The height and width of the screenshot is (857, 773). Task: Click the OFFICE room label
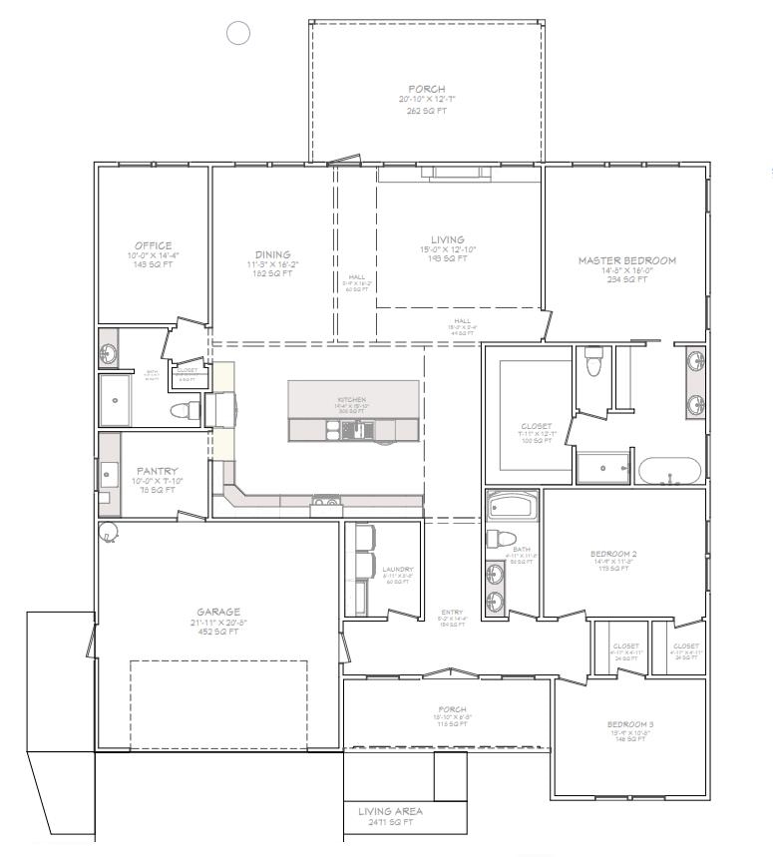pyautogui.click(x=154, y=245)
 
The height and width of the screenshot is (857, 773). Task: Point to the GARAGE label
pyautogui.click(x=218, y=612)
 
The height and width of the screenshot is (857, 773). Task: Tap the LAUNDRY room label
pyautogui.click(x=397, y=570)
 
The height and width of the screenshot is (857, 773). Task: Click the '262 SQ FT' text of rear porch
pyautogui.click(x=427, y=111)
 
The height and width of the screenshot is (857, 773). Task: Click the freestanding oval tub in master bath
pyautogui.click(x=668, y=471)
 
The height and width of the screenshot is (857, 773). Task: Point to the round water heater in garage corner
pyautogui.click(x=108, y=534)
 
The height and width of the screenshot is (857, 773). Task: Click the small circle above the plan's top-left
pyautogui.click(x=238, y=34)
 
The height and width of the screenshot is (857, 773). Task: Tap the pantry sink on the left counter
pyautogui.click(x=109, y=471)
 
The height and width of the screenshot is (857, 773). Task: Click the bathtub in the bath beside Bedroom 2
pyautogui.click(x=513, y=507)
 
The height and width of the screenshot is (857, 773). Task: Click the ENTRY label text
pyautogui.click(x=452, y=613)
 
